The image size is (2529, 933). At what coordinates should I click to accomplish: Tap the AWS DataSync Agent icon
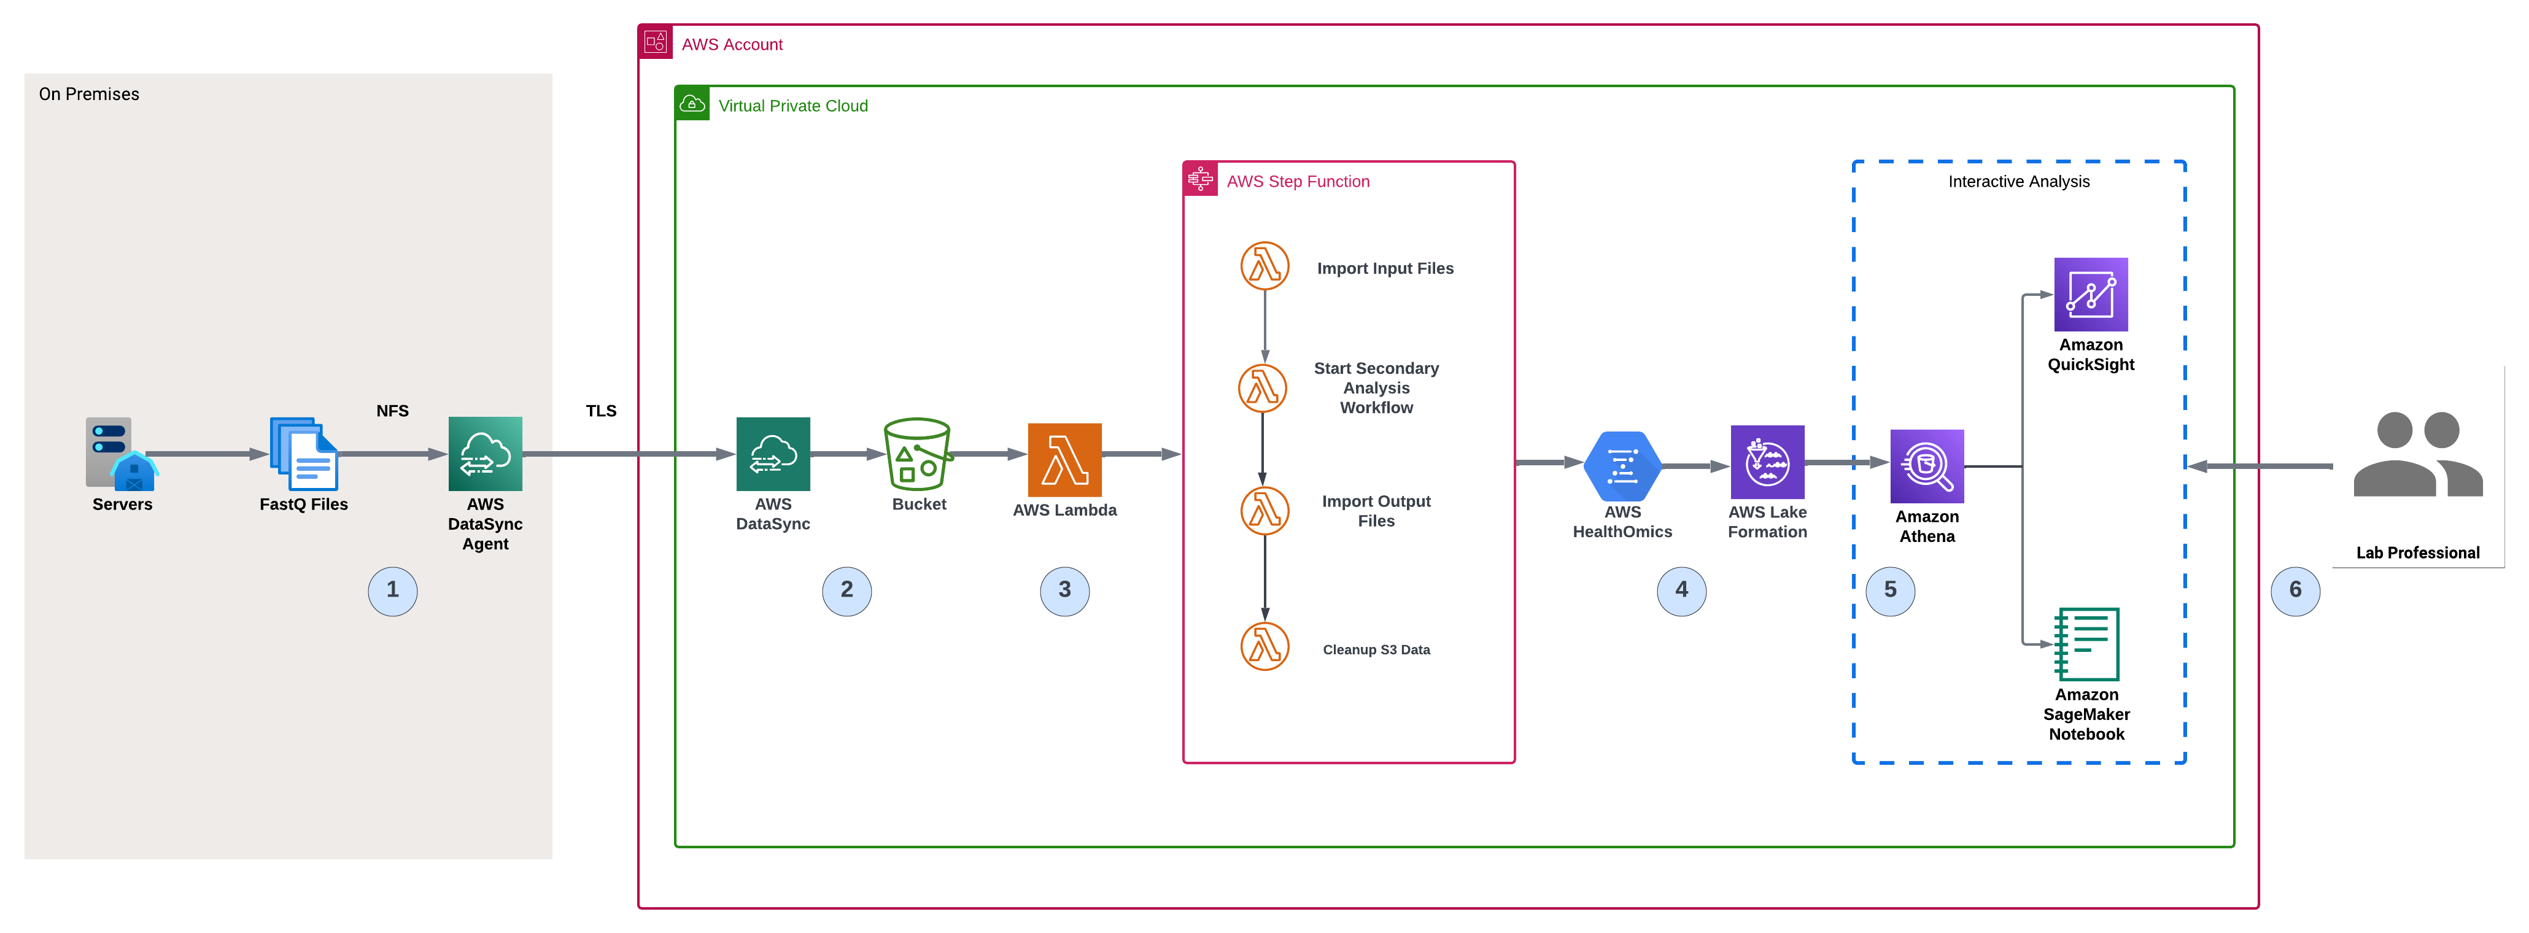tap(485, 454)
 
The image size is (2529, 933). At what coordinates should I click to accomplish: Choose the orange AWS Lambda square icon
tap(1064, 460)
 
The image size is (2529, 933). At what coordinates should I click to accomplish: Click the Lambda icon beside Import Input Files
tap(1264, 266)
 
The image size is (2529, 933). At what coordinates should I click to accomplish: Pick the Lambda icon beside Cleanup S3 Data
tap(1264, 647)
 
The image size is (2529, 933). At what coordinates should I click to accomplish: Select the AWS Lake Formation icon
tap(1767, 463)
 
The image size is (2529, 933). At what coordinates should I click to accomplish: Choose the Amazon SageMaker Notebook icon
tap(2087, 645)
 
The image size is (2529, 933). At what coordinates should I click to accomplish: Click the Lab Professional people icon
tap(2417, 455)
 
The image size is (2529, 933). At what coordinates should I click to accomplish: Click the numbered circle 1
tap(393, 591)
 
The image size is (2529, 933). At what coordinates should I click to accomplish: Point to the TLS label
tap(601, 411)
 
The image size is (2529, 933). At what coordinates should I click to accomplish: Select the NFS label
tap(393, 411)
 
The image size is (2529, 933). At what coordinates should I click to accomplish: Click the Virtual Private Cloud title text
tap(792, 106)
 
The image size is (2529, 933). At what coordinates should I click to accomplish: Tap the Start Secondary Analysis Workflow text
tap(1376, 388)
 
